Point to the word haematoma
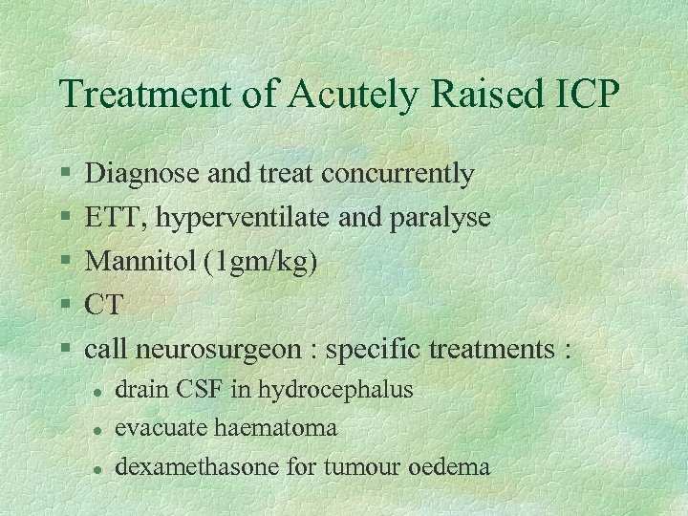[284, 428]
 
